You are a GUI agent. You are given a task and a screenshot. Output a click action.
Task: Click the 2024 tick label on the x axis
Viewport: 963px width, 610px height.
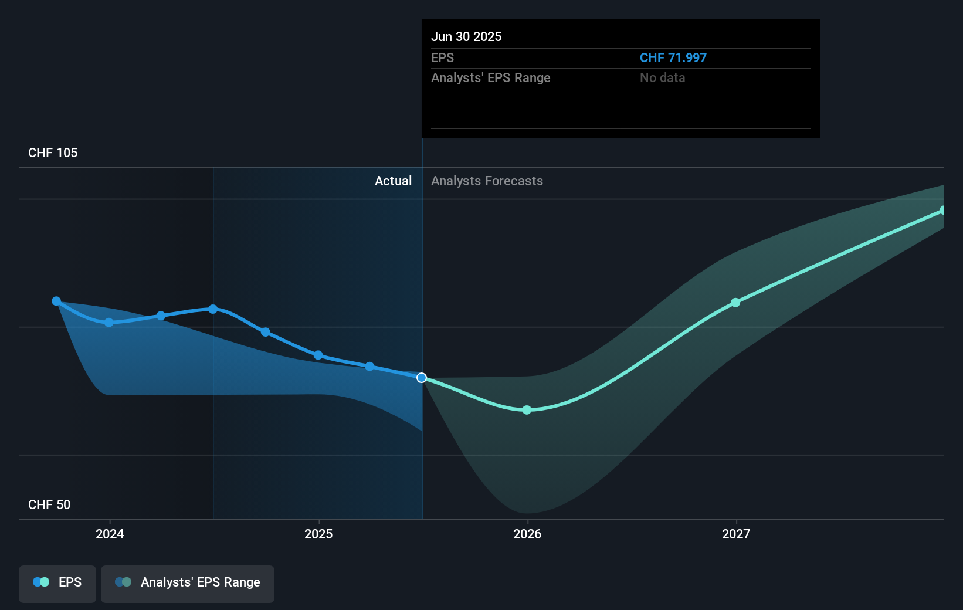click(110, 534)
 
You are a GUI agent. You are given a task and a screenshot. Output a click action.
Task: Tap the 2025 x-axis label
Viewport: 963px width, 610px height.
click(318, 534)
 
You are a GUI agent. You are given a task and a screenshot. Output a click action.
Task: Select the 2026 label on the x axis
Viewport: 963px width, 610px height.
click(527, 534)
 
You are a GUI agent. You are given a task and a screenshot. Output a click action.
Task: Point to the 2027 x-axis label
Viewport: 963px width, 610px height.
click(736, 534)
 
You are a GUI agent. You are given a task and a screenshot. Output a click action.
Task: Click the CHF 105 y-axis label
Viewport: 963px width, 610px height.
click(53, 152)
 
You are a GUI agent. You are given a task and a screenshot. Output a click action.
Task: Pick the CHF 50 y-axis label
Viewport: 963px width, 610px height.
click(49, 504)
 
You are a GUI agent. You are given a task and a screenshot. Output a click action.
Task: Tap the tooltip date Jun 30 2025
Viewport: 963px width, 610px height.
click(466, 36)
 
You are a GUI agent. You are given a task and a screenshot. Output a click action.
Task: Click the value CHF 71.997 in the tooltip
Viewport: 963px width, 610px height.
click(673, 57)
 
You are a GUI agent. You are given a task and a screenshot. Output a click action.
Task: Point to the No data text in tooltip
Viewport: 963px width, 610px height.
click(662, 77)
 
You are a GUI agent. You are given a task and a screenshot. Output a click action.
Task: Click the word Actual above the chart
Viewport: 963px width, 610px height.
click(393, 181)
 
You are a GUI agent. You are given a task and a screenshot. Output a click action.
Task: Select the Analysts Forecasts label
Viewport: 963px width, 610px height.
click(487, 181)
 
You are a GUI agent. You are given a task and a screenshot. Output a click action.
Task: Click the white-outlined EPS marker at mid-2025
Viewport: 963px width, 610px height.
click(422, 378)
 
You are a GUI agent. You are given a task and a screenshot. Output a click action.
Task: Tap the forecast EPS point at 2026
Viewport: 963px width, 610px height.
click(527, 410)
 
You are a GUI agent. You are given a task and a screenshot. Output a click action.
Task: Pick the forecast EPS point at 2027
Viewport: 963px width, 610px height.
click(735, 303)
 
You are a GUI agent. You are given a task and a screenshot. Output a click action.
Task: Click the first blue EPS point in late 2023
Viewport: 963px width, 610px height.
click(56, 301)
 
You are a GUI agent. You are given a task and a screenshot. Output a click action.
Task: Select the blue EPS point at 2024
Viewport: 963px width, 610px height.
click(109, 323)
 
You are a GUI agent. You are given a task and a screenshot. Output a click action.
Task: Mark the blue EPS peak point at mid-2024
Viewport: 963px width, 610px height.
click(213, 309)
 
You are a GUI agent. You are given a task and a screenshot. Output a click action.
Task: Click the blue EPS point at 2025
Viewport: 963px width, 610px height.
click(318, 355)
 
